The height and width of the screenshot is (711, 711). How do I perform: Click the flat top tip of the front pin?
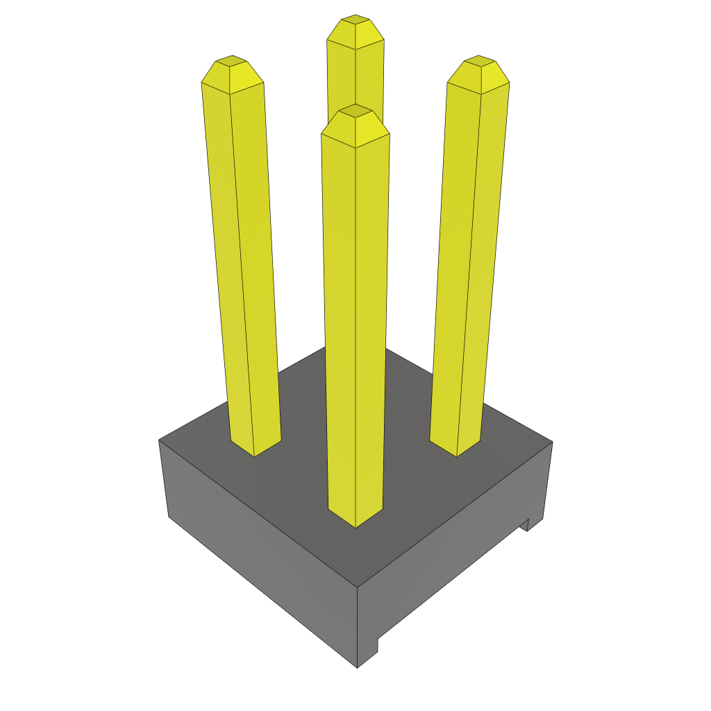(x=355, y=110)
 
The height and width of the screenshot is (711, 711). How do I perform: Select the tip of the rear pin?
(x=355, y=19)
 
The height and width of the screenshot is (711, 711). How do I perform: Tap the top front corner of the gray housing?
(x=357, y=587)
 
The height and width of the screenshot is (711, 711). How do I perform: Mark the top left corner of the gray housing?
(x=160, y=440)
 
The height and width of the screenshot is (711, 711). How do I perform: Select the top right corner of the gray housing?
(x=552, y=442)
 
